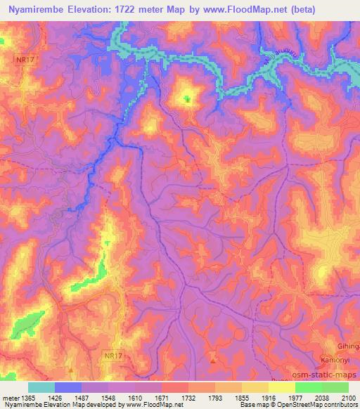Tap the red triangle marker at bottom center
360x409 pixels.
pyautogui.click(x=213, y=360)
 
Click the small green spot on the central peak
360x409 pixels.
pyautogui.click(x=186, y=100)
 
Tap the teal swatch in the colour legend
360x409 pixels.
pyautogui.click(x=41, y=387)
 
